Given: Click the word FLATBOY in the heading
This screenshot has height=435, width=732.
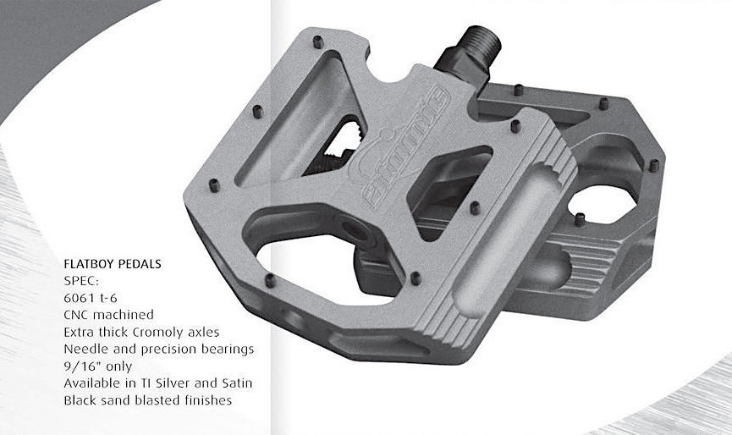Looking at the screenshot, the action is (x=89, y=264).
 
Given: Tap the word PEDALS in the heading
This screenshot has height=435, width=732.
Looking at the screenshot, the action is (x=140, y=264).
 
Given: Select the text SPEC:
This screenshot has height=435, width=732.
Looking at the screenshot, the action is (x=82, y=281).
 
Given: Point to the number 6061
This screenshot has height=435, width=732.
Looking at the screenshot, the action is (x=78, y=298).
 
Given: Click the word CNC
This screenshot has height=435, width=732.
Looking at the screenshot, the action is (x=76, y=315).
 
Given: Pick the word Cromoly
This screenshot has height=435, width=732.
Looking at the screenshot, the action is (x=157, y=333).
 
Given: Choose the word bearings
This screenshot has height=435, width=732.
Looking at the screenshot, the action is (x=228, y=350).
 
